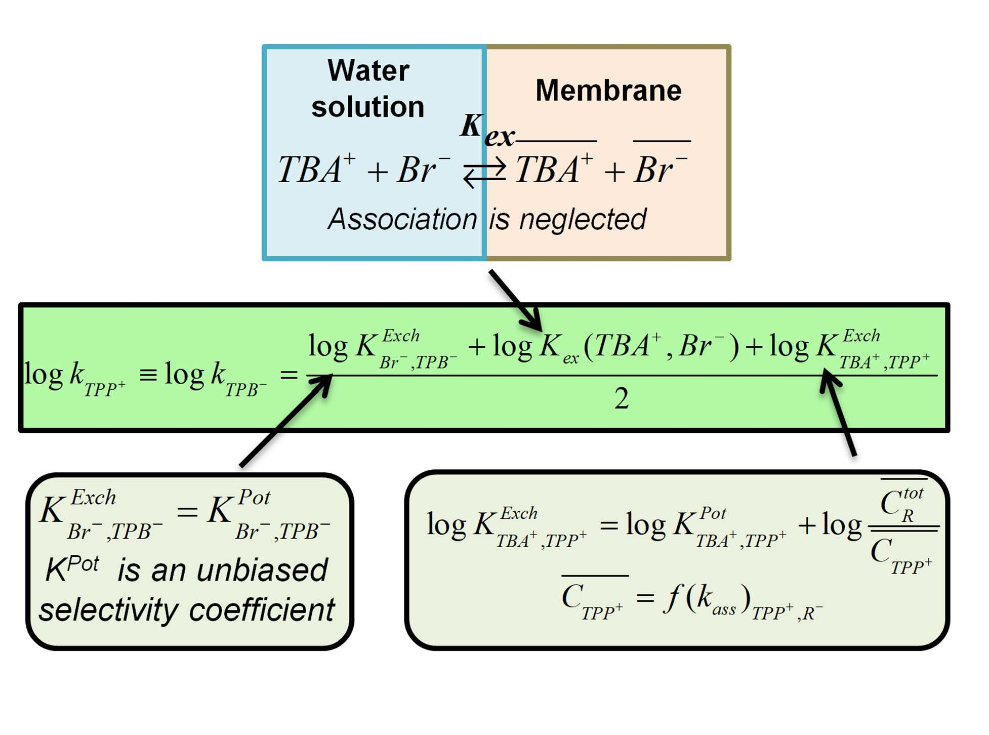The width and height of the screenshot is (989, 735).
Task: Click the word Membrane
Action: click(x=608, y=91)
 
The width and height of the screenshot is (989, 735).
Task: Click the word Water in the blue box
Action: click(x=368, y=70)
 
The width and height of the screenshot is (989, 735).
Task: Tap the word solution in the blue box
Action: click(x=368, y=107)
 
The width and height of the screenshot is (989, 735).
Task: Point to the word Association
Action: click(x=402, y=219)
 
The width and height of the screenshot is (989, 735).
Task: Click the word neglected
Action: click(x=583, y=219)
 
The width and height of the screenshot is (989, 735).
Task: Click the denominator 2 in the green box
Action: click(x=622, y=399)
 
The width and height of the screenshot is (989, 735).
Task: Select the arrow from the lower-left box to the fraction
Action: click(x=286, y=420)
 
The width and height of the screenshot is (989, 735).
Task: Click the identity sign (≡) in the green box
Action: click(x=148, y=375)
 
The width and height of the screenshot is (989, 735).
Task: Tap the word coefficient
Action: click(x=262, y=609)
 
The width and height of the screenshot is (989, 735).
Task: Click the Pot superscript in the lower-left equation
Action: click(x=254, y=497)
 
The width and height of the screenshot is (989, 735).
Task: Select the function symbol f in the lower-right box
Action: click(x=672, y=597)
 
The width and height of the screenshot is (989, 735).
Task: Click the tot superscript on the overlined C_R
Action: click(x=913, y=493)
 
